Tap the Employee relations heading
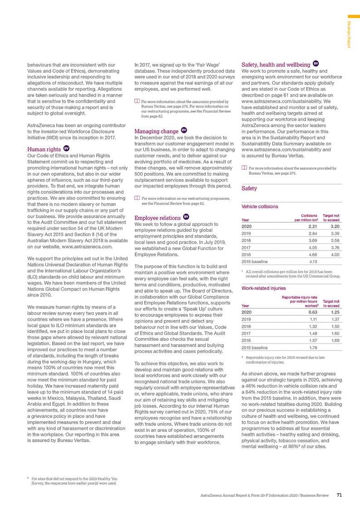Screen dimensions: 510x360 pyautogui.click(x=157, y=217)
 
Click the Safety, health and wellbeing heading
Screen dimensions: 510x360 pyautogui.click(x=276, y=65)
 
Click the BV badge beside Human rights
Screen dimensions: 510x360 pyautogui.click(x=66, y=148)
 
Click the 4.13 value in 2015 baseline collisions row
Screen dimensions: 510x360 pyautogui.click(x=308, y=261)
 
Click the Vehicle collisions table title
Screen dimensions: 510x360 pyautogui.click(x=260, y=206)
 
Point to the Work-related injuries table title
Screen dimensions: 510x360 pyautogui.click(x=263, y=288)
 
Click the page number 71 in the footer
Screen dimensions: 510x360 pyautogui.click(x=339, y=495)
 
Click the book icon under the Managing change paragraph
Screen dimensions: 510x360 pyautogui.click(x=138, y=198)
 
